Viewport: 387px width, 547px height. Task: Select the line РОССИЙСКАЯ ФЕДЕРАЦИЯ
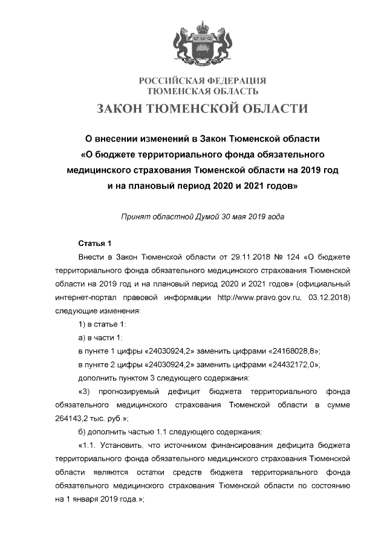point(203,81)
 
